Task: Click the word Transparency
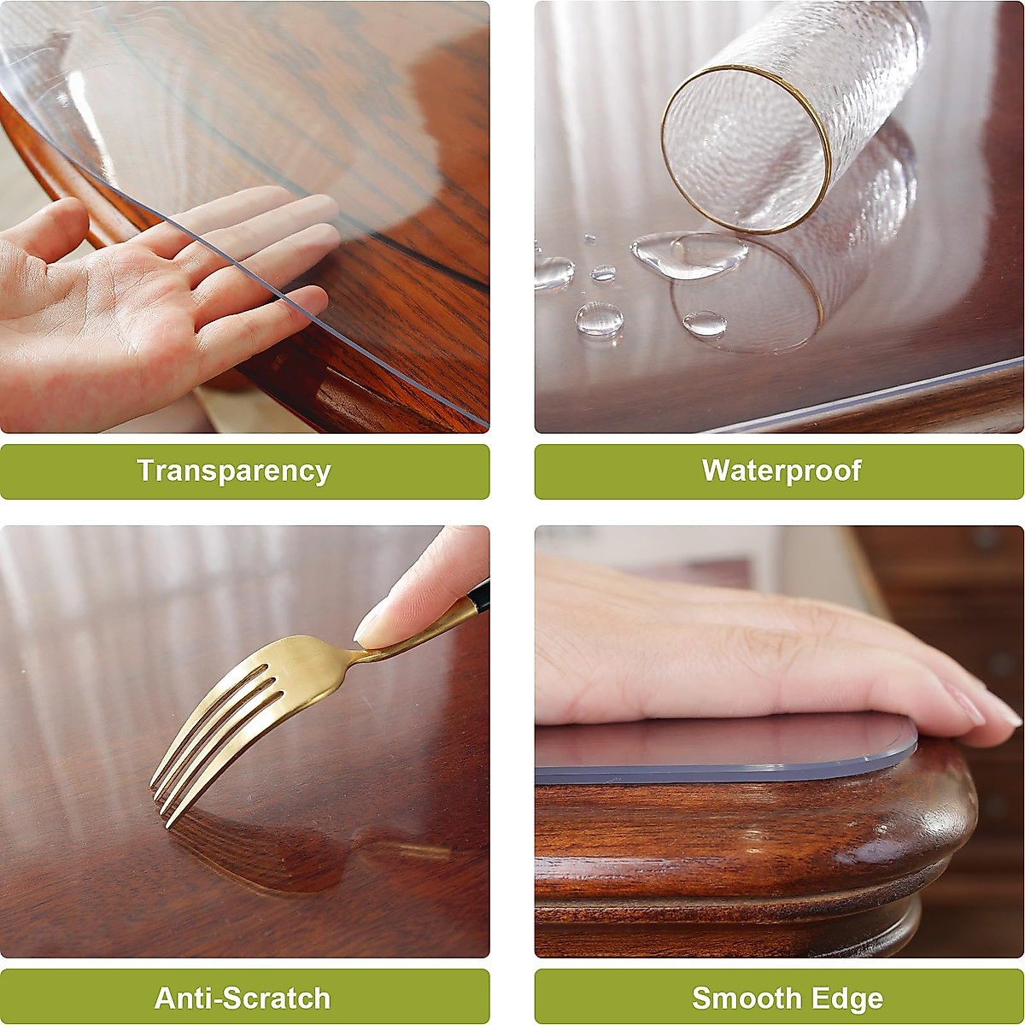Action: click(233, 471)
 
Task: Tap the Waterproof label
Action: click(781, 471)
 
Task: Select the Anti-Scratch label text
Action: click(243, 998)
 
